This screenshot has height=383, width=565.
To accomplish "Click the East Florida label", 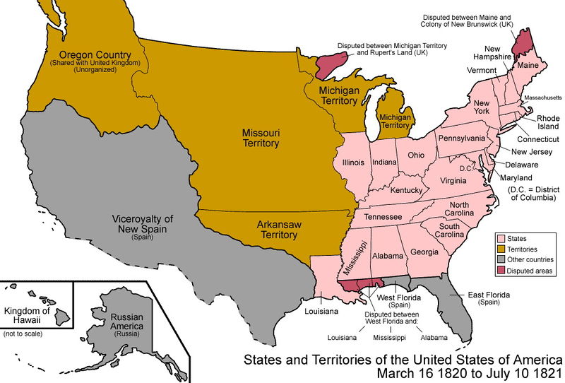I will [489, 295].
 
